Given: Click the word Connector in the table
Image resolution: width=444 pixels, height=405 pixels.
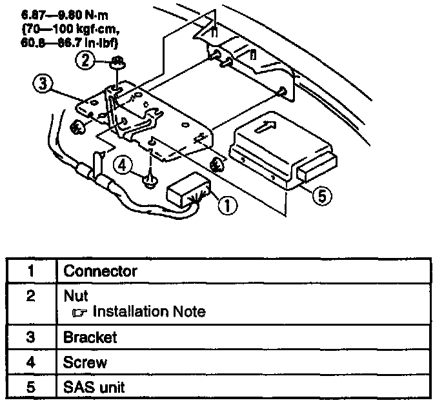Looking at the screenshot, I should click(x=100, y=270).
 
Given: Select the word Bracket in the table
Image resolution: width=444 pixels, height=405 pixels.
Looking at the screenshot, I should click(x=90, y=337).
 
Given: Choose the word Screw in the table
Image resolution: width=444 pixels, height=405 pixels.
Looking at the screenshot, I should click(x=85, y=362).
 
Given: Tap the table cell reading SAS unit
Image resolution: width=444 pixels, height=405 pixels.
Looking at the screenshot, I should click(x=94, y=388).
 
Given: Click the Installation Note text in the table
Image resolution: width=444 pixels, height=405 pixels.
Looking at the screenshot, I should click(x=149, y=312).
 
